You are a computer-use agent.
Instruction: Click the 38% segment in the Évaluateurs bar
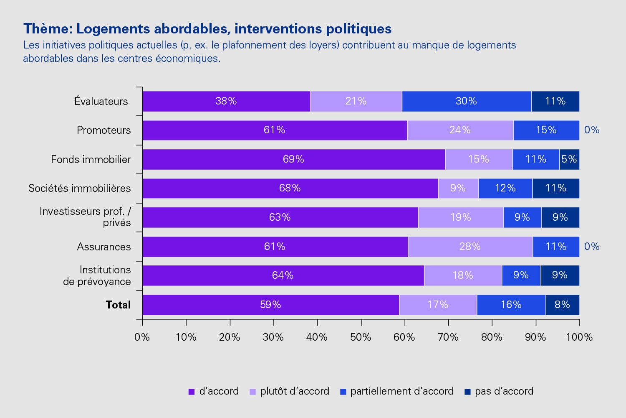[x=226, y=101]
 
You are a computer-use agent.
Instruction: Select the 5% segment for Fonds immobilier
[x=569, y=159]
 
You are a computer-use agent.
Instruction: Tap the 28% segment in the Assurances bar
[x=470, y=247]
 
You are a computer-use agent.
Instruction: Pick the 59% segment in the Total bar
[x=270, y=305]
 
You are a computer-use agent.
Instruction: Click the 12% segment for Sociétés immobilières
[x=505, y=188]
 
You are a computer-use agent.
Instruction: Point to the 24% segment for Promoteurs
[x=460, y=130]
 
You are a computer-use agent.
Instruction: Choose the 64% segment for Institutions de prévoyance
[x=283, y=275]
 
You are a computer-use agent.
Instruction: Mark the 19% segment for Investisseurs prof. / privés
[x=461, y=217]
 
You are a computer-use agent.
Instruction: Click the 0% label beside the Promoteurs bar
[x=592, y=130]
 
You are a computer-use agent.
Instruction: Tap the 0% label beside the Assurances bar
[x=592, y=247]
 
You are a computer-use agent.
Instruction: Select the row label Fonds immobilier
[x=91, y=159]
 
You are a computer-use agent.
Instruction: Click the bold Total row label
[x=118, y=305]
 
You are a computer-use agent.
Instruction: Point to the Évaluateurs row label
[x=101, y=101]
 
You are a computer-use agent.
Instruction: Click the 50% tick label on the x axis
[x=361, y=337]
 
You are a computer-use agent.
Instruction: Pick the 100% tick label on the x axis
[x=579, y=337]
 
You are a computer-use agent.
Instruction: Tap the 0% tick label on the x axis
[x=142, y=337]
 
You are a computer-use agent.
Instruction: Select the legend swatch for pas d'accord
[x=467, y=392]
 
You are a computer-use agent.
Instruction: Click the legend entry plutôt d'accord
[x=294, y=391]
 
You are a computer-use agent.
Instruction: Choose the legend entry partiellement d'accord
[x=401, y=391]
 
